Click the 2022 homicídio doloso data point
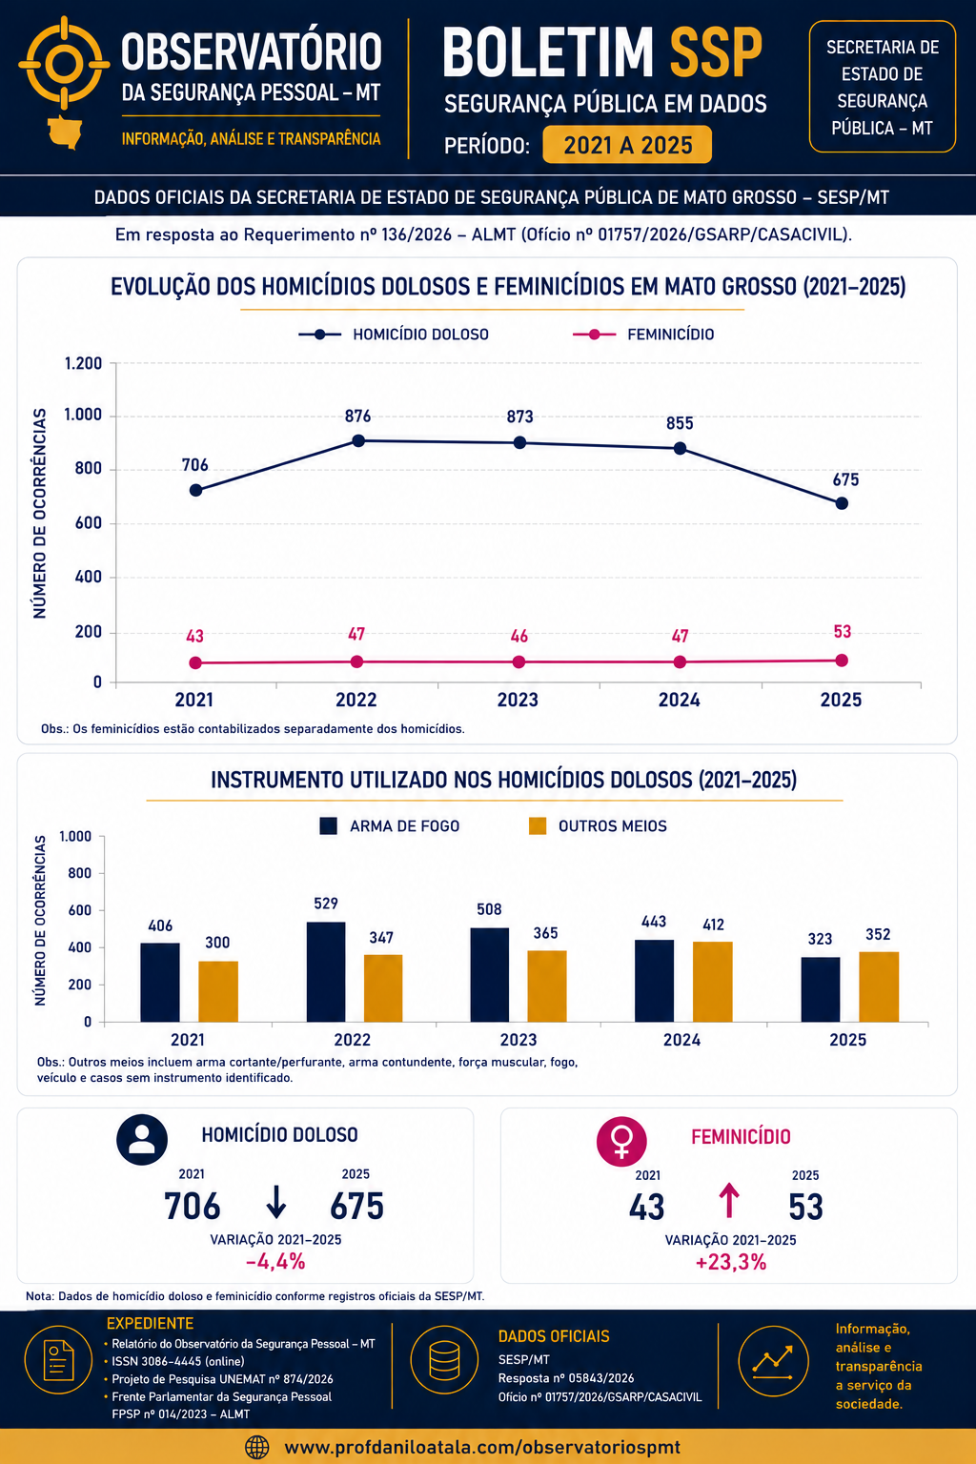click(x=358, y=440)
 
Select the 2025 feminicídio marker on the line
click(x=842, y=661)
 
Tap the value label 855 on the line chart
click(x=680, y=423)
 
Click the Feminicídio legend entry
click(x=643, y=335)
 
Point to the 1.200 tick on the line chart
click(x=83, y=363)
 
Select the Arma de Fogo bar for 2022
click(x=326, y=972)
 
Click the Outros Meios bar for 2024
click(x=713, y=982)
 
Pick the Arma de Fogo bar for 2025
click(x=821, y=989)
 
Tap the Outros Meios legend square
click(x=538, y=826)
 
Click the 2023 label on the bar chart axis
click(x=518, y=1040)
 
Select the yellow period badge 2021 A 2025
click(x=627, y=145)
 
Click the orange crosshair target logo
click(x=64, y=64)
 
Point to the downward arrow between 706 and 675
click(x=276, y=1202)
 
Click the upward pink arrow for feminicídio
click(x=729, y=1201)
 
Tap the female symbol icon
click(x=621, y=1141)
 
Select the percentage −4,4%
click(x=275, y=1261)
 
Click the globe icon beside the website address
click(x=257, y=1447)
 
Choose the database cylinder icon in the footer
click(x=444, y=1360)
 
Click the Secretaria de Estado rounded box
click(x=883, y=87)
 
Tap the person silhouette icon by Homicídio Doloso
click(x=142, y=1140)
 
